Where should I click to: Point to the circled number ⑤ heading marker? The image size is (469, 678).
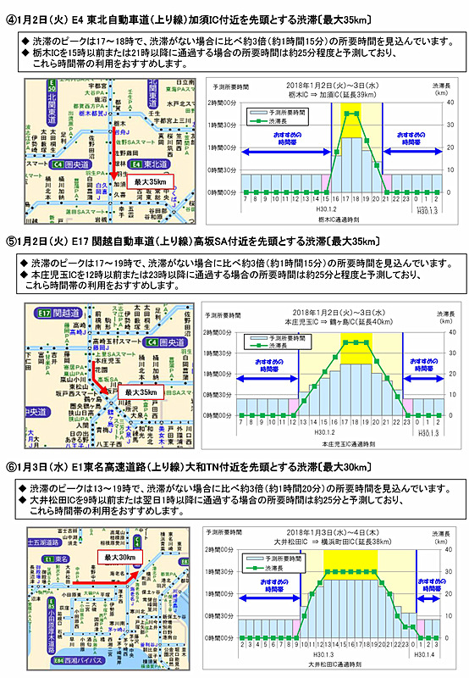click(x=12, y=242)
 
